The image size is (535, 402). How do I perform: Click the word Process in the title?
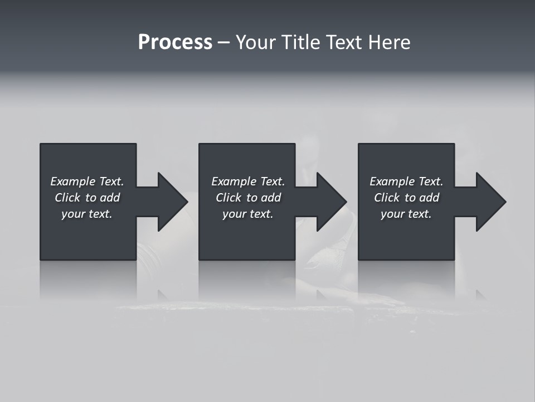(175, 42)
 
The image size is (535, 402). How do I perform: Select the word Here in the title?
(389, 42)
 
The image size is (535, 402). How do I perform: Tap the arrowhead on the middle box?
(330, 202)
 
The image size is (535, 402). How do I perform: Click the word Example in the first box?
(73, 181)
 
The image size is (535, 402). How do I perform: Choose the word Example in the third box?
(392, 181)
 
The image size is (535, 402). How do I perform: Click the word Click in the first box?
(67, 198)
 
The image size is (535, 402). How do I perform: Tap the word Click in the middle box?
(228, 198)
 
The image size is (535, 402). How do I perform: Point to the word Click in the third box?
(386, 198)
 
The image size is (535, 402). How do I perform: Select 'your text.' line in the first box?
(87, 214)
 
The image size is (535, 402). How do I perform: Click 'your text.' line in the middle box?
(247, 214)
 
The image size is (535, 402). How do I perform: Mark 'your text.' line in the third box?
(406, 214)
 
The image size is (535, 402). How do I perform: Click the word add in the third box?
(429, 198)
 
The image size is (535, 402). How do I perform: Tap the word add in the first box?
(110, 198)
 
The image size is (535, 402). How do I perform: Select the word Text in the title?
(343, 42)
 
